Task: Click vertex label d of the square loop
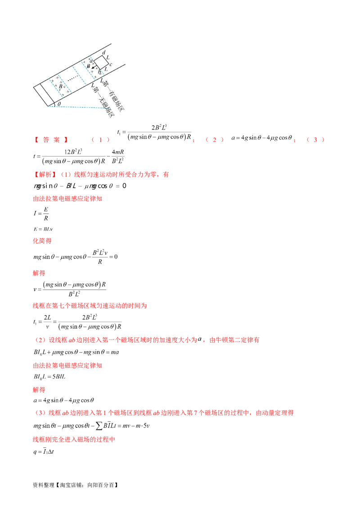pyautogui.click(x=104, y=53)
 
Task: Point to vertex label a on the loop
pyautogui.click(x=92, y=61)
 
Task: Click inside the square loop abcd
pyautogui.click(x=101, y=62)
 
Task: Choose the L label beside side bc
pyautogui.click(x=107, y=68)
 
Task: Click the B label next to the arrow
pyautogui.click(x=89, y=66)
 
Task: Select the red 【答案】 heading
pyautogui.click(x=50, y=140)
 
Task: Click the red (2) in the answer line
pyautogui.click(x=215, y=140)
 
